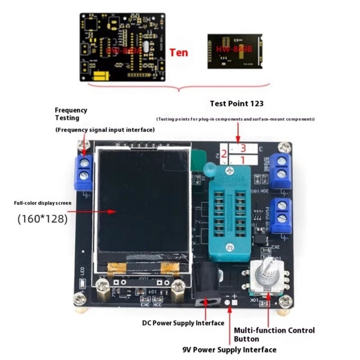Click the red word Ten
point(179,52)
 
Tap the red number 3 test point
point(243,148)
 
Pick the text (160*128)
point(43,219)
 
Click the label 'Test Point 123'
point(237,103)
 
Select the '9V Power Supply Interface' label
point(229,350)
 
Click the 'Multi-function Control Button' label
point(274,334)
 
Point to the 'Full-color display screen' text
point(42,203)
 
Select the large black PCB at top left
point(123,46)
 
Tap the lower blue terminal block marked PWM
point(281,213)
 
